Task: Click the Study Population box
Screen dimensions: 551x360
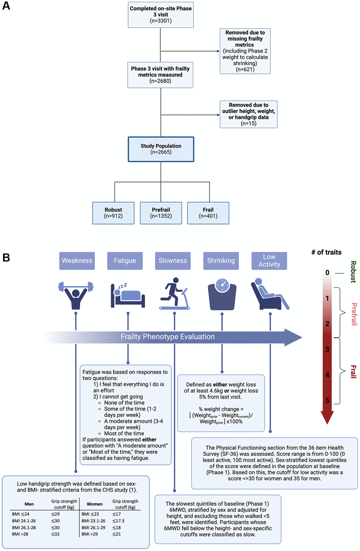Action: [x=161, y=149]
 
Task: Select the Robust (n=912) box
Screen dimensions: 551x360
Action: [x=113, y=213]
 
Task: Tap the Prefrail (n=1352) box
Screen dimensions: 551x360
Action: [x=161, y=213]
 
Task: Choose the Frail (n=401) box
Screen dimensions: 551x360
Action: [x=208, y=213]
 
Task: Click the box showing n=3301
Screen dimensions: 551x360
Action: [x=161, y=14]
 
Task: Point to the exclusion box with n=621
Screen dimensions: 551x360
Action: [x=245, y=51]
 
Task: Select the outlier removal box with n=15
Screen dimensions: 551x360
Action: [x=248, y=114]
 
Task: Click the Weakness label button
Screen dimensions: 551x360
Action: [x=77, y=260]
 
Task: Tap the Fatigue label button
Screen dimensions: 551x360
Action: [x=125, y=260]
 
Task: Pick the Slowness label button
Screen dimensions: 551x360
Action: [x=173, y=260]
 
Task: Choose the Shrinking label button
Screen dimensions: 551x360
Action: [x=221, y=260]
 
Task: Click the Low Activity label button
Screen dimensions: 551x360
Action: [x=269, y=260]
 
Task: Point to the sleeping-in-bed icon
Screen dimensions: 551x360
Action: [x=127, y=295]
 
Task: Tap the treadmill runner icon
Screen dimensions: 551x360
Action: [x=174, y=294]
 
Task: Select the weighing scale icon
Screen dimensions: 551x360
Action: [x=222, y=295]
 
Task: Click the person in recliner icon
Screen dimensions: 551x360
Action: [x=269, y=294]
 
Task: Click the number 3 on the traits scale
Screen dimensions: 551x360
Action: [x=327, y=349]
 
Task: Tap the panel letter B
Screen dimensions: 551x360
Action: [x=6, y=258]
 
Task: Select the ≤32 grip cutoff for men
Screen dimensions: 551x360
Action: [x=55, y=534]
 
